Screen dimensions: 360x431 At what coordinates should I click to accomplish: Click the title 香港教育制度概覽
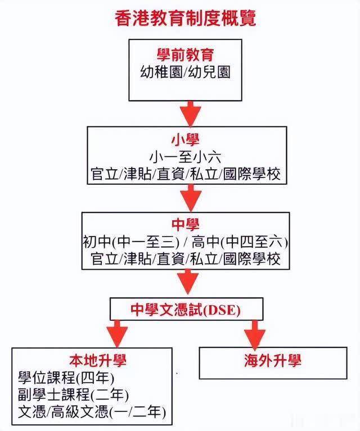(185, 19)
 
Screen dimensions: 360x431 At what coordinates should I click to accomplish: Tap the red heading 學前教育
(185, 55)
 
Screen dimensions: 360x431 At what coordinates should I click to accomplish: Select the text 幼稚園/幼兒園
(185, 72)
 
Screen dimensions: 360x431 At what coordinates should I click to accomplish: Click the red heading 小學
(185, 140)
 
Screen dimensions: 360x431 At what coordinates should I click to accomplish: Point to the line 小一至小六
(185, 157)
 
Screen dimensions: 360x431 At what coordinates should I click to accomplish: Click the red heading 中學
(185, 225)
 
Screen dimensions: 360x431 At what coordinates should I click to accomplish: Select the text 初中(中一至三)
(131, 242)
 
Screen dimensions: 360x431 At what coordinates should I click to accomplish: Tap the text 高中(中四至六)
(240, 242)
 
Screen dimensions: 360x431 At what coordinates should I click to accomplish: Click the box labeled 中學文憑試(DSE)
(186, 309)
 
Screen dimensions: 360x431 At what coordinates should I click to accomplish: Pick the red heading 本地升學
(98, 360)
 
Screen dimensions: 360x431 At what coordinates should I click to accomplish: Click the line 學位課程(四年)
(66, 378)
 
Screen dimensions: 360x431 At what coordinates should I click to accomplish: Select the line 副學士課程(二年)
(73, 394)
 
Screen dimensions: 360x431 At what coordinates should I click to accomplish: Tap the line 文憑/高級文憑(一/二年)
(92, 412)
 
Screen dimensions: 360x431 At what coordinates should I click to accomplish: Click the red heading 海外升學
(272, 360)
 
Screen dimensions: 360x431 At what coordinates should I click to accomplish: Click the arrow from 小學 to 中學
(191, 198)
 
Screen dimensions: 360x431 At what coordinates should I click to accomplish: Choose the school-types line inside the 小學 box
(186, 174)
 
